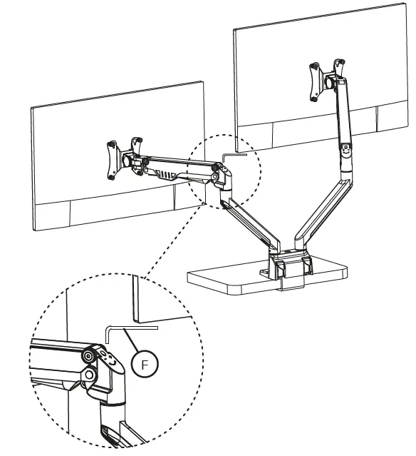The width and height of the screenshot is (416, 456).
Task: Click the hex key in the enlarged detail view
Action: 132,326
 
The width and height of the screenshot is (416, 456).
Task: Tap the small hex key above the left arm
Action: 232,151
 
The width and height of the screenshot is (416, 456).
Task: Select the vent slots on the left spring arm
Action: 166,173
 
